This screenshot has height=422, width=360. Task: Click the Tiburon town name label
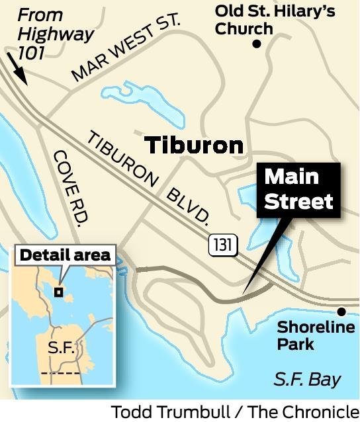point(193,146)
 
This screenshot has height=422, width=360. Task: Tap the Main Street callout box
point(299,189)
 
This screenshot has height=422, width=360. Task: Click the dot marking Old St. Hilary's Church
point(256,44)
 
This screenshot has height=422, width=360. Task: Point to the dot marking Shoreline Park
point(341,312)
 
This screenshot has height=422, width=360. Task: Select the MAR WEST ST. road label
point(126,47)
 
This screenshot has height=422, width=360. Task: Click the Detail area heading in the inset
point(65,255)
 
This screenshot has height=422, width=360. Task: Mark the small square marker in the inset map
point(59,291)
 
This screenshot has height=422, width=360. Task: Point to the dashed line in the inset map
point(60,373)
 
